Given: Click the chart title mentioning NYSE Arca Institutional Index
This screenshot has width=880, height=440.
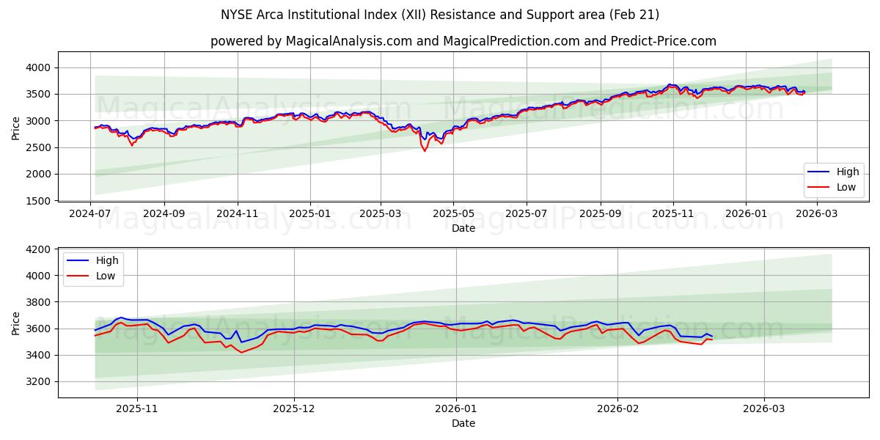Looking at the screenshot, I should click(x=440, y=15).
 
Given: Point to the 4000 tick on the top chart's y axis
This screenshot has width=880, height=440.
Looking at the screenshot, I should click(x=40, y=67).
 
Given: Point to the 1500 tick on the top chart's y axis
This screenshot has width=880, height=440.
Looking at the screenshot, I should click(x=40, y=201).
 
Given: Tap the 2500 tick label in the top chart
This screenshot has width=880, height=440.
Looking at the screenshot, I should click(x=40, y=147).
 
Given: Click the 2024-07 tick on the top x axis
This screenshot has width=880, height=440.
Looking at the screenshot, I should click(x=91, y=213).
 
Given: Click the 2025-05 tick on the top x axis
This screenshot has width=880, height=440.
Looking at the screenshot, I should click(x=453, y=213).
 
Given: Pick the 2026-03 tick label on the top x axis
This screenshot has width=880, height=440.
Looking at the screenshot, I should click(x=815, y=213).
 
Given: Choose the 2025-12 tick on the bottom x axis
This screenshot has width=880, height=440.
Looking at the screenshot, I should click(x=294, y=410).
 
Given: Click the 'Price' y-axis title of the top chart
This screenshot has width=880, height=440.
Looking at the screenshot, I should click(x=16, y=128).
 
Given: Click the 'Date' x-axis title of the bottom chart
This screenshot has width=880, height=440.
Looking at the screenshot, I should click(x=463, y=423).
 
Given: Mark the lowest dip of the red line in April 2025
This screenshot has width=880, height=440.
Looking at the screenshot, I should click(x=425, y=151).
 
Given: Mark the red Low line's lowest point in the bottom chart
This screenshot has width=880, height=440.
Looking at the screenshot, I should click(x=241, y=353).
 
